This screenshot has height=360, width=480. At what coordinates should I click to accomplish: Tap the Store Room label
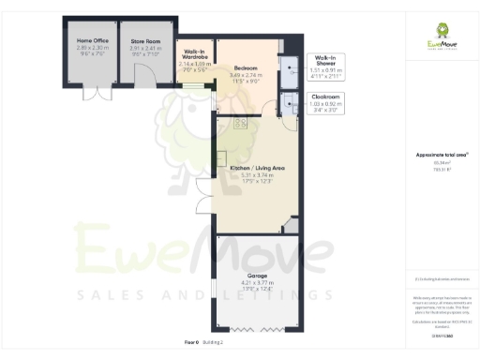coord(144,41)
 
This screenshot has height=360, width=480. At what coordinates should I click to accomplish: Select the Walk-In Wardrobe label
coord(195,54)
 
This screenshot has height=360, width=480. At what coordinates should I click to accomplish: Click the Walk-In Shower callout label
coord(325,59)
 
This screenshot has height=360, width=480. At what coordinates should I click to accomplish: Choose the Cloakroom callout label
coord(325,96)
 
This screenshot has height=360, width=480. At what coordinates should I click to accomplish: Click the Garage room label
coord(257,276)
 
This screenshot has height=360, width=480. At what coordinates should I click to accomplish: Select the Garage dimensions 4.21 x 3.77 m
coord(257,282)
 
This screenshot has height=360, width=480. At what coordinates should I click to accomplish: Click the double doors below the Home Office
coord(91,94)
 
